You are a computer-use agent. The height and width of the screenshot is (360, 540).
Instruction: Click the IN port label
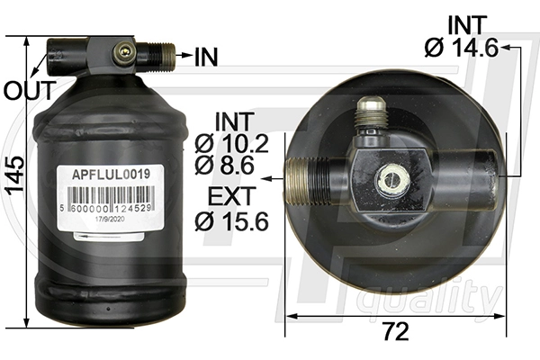pyautogui.click(x=206, y=57)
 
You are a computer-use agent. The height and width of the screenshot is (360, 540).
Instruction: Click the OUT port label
pyautogui.click(x=22, y=90)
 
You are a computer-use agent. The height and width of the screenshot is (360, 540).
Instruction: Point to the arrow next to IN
pyautogui.click(x=183, y=57)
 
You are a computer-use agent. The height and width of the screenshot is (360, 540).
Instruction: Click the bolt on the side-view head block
pyautogui.click(x=121, y=54)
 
